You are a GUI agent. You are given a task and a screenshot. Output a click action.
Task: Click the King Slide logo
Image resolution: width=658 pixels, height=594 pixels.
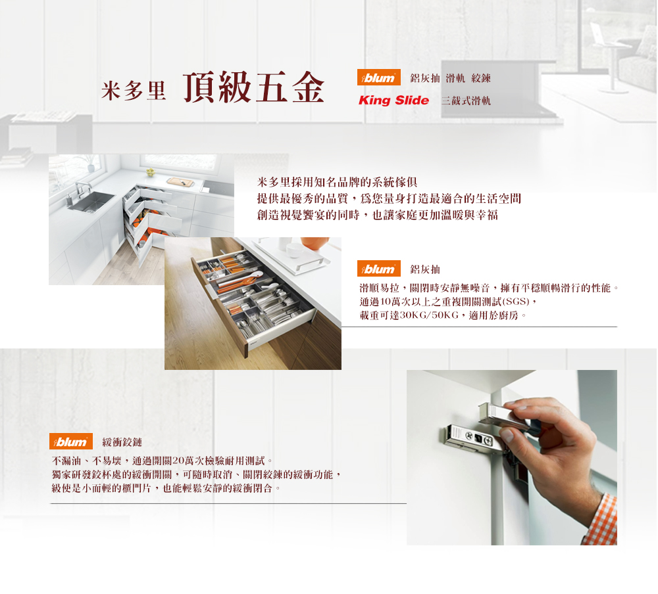(393, 100)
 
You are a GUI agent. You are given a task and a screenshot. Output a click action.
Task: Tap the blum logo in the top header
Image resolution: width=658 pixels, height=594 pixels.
(379, 78)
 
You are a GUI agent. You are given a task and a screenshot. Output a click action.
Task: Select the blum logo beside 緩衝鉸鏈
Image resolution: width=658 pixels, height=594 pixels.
(71, 442)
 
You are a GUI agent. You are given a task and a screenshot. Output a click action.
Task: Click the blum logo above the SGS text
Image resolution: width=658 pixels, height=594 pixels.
(379, 269)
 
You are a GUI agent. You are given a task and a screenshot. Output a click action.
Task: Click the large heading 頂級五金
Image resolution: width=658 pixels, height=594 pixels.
(254, 87)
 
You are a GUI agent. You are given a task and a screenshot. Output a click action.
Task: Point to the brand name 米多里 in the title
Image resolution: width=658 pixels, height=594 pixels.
(134, 90)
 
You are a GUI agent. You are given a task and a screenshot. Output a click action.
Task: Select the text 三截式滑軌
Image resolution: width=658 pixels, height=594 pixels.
(466, 101)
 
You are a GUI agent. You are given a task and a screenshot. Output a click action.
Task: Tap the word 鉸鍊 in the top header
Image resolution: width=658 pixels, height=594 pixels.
(481, 78)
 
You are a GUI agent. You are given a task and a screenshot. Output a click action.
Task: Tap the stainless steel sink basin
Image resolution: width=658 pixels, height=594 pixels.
(91, 202)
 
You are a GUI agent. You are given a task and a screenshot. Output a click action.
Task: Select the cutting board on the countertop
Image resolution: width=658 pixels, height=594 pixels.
(180, 182)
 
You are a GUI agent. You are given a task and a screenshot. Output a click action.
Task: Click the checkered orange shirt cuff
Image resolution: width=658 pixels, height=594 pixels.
(601, 520)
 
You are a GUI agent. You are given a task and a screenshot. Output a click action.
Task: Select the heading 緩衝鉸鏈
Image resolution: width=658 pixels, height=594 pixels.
(122, 442)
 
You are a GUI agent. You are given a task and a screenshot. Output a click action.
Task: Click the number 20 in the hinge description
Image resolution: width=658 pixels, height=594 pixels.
(178, 461)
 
